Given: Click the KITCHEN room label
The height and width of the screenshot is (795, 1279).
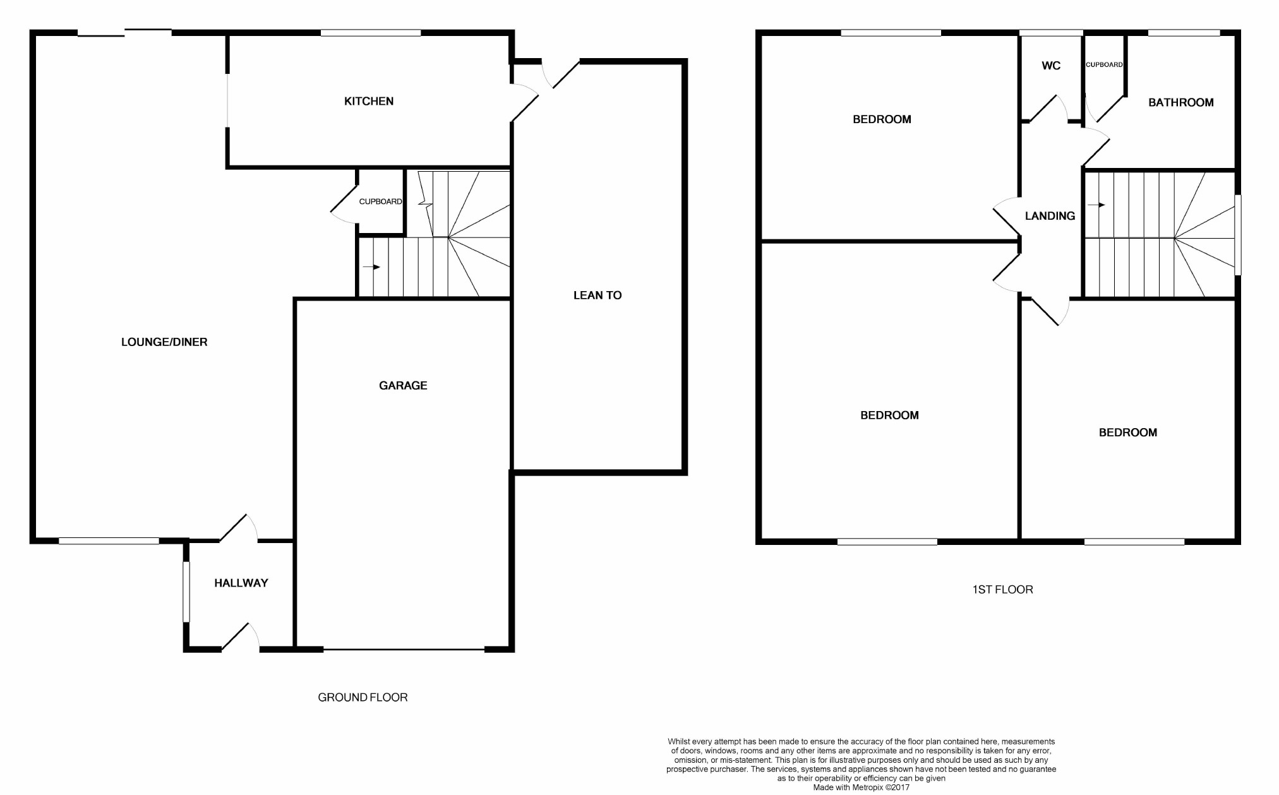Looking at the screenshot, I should (x=369, y=101).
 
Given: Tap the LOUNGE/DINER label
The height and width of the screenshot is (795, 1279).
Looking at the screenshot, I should (x=164, y=342).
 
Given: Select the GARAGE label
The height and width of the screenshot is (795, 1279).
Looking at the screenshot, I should (x=403, y=385).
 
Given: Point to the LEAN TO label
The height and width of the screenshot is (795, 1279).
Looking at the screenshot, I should (x=597, y=295).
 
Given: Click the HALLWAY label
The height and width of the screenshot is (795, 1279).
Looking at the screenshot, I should (x=241, y=583).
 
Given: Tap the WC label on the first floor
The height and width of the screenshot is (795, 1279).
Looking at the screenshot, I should (x=1051, y=66).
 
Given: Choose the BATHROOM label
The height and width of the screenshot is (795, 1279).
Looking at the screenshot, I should (x=1180, y=102).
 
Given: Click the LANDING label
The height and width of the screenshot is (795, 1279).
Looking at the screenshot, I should (x=1050, y=216).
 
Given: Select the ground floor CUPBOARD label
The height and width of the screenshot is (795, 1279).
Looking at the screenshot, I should (x=380, y=201).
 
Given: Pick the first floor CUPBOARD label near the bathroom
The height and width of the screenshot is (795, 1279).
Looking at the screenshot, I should (x=1104, y=64).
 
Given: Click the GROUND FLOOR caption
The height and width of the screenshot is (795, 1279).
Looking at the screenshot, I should (x=363, y=697).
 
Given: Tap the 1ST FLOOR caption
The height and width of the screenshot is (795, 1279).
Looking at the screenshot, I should (x=1002, y=590).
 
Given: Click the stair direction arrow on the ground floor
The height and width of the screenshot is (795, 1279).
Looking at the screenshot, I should (x=371, y=267).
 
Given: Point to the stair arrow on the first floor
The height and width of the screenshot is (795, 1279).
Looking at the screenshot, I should (x=1096, y=205).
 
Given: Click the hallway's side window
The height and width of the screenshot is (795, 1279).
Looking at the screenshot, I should (x=186, y=592).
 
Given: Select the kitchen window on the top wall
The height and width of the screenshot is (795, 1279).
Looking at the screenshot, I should (x=371, y=33).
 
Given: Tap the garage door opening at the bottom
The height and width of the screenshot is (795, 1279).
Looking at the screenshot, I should (x=404, y=649).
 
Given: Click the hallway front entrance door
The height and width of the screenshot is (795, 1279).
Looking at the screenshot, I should (x=240, y=638).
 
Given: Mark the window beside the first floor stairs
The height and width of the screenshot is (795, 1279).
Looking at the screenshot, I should (x=1238, y=235).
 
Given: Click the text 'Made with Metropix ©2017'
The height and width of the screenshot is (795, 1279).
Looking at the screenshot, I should (x=861, y=787).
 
